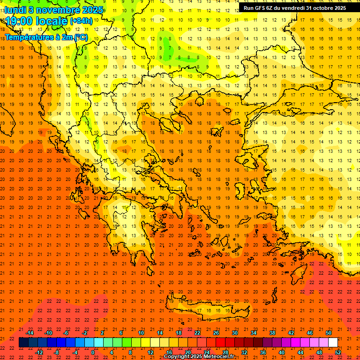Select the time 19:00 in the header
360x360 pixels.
[20, 21]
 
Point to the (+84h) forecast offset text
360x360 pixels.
[81, 21]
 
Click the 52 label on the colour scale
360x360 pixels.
[338, 352]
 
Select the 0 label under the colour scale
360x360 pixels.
[92, 352]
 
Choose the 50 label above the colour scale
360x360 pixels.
[329, 333]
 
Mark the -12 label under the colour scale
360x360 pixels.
[39, 352]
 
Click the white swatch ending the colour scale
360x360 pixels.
[333, 343]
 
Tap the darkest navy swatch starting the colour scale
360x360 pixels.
[23, 343]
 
